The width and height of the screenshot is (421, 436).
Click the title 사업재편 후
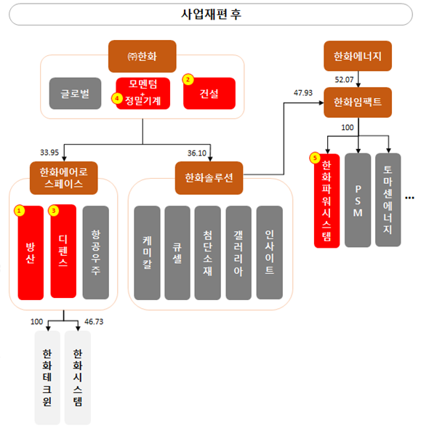click(x=211, y=14)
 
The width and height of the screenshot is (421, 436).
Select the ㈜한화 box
click(x=142, y=55)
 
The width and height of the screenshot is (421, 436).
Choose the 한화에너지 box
click(x=358, y=55)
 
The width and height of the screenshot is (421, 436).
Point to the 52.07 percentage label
click(x=345, y=78)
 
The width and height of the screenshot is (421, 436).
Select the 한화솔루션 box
click(x=209, y=178)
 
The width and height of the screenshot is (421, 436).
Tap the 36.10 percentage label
click(x=198, y=153)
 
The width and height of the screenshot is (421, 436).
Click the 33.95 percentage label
click(x=50, y=153)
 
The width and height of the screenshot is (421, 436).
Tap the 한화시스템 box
click(x=78, y=377)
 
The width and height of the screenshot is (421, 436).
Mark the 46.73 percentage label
click(x=95, y=320)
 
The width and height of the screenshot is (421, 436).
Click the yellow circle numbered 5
click(x=315, y=157)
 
